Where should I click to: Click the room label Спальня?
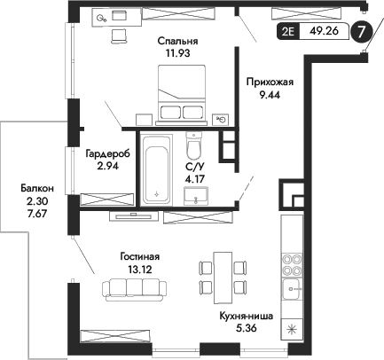[177, 40]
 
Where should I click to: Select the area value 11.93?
[177, 53]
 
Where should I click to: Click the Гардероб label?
[107, 153]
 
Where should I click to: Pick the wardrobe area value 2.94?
[107, 165]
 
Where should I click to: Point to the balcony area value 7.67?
[38, 213]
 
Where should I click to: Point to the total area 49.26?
[324, 33]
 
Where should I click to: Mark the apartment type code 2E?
[288, 33]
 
